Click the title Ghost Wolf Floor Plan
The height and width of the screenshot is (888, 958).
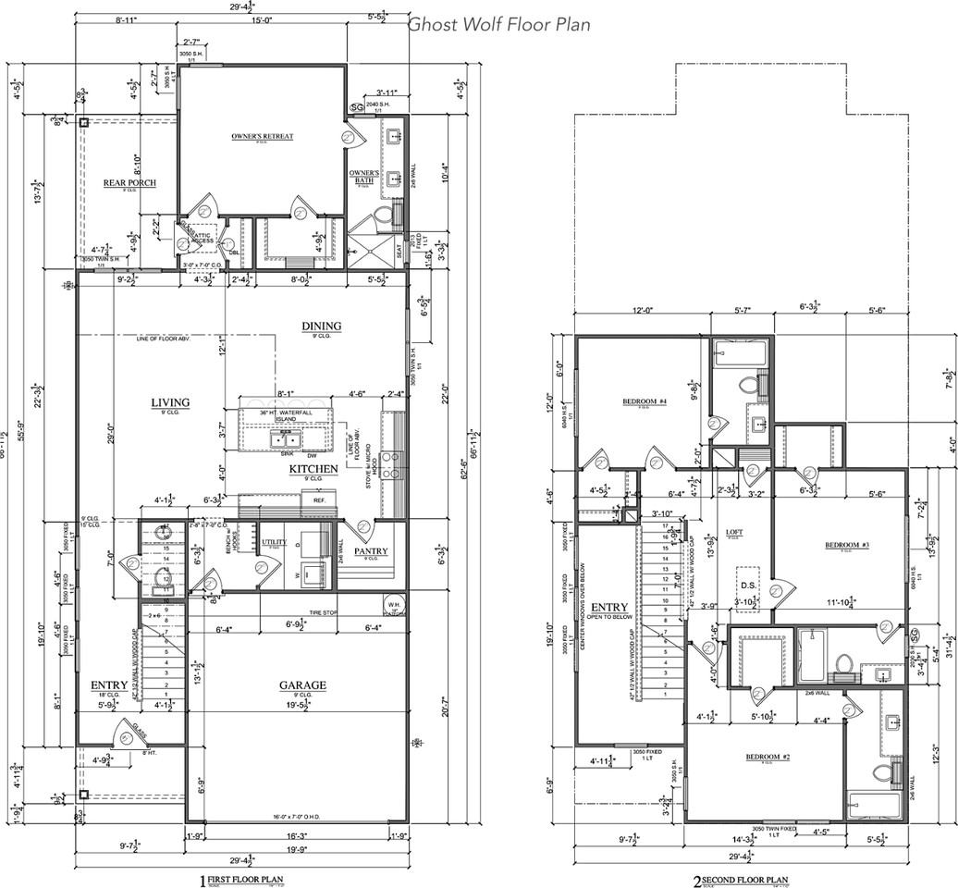(499, 24)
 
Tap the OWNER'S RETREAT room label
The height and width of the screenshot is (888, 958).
(263, 136)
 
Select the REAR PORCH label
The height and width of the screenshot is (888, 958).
(129, 183)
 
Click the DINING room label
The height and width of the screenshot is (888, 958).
(321, 326)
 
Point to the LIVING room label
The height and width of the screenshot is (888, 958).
(171, 402)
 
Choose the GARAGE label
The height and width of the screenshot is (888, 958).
(303, 685)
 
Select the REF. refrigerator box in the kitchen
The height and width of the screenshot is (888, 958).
(319, 500)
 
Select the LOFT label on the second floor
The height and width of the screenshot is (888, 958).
(733, 532)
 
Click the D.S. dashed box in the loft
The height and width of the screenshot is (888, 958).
(749, 584)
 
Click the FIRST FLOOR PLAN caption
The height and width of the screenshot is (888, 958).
(244, 879)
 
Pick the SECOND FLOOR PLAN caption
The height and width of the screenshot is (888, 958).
(740, 879)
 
